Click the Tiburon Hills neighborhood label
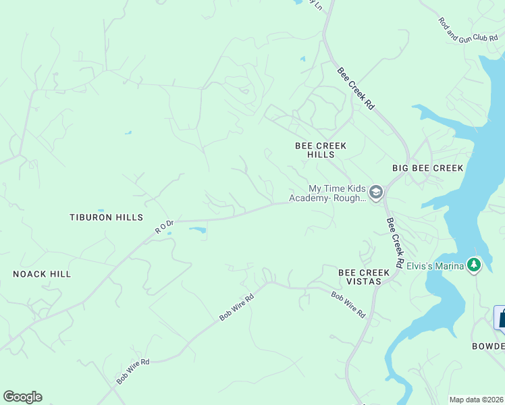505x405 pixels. coord(107,217)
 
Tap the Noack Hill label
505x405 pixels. coord(42,274)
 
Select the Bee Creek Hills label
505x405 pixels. coord(321,150)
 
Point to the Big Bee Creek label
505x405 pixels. coord(428,168)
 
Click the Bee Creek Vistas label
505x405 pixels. coord(364,277)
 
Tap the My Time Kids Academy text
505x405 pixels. coord(327,193)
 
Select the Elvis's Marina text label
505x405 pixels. coord(436,265)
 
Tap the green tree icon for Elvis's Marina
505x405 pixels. coord(475,265)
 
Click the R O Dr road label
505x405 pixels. coord(165,226)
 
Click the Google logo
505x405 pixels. coord(22,397)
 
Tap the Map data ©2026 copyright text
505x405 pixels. coord(476,400)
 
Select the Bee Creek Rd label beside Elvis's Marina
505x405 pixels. coord(395,243)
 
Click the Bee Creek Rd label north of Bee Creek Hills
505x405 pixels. coord(355,88)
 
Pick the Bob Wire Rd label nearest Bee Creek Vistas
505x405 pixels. coord(348,304)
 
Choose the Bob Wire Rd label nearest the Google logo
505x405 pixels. coord(132,371)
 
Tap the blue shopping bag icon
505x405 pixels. coord(502,318)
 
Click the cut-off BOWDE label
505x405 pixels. coord(487,346)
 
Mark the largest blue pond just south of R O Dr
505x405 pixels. coord(197,230)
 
